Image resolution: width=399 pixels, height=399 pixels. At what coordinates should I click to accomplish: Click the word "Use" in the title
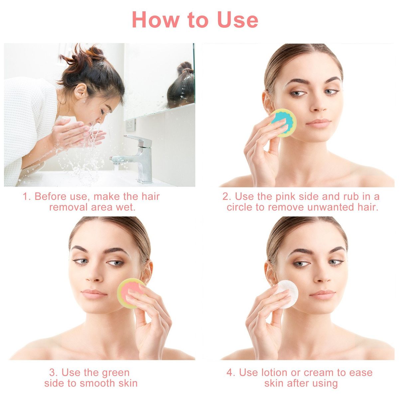tap(238, 20)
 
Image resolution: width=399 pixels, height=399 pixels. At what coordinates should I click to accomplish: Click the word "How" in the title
tap(156, 20)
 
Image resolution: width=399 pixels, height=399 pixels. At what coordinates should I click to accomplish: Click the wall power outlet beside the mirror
tap(131, 125)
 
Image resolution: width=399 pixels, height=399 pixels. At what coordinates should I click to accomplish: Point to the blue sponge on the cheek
tap(283, 123)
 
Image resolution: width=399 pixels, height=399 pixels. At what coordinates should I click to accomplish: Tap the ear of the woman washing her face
tap(80, 91)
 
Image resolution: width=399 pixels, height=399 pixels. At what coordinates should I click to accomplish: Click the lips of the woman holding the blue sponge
tap(318, 122)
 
